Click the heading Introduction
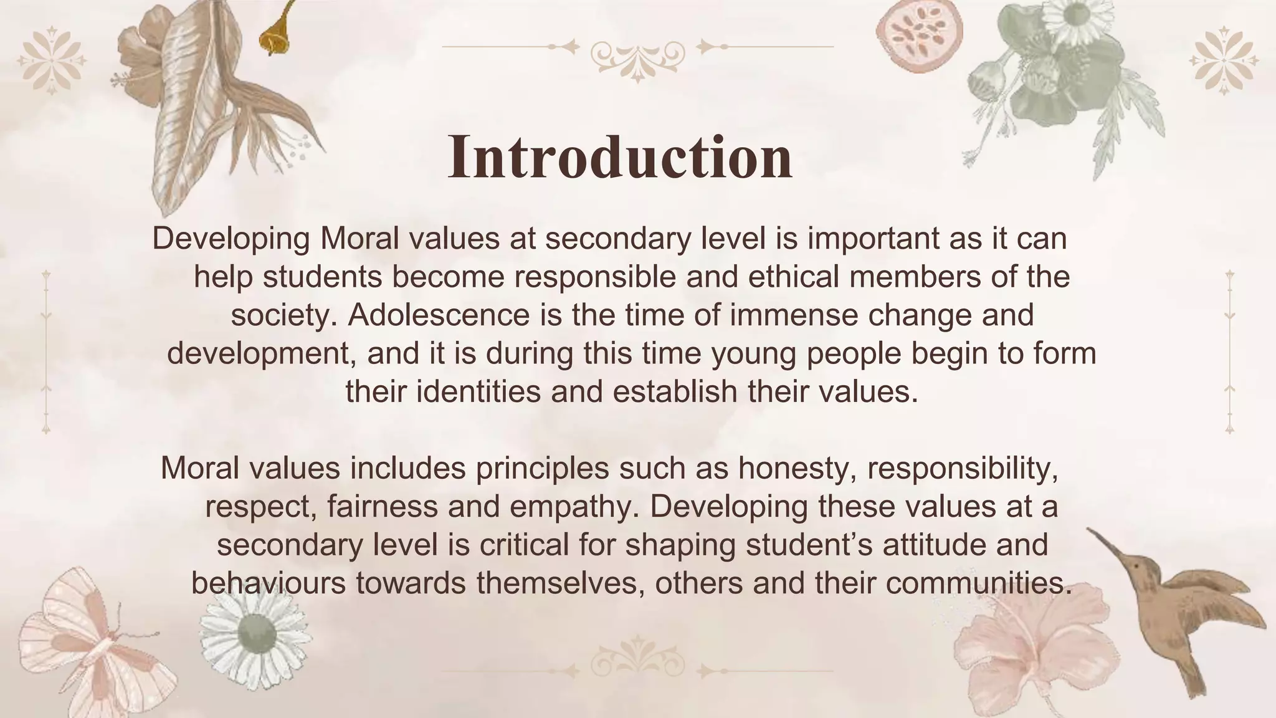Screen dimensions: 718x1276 [620, 156]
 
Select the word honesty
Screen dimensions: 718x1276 [794, 468]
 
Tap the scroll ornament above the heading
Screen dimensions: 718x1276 [637, 56]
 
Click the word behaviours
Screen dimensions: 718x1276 [269, 583]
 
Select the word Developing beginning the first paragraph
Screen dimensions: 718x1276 [231, 239]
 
